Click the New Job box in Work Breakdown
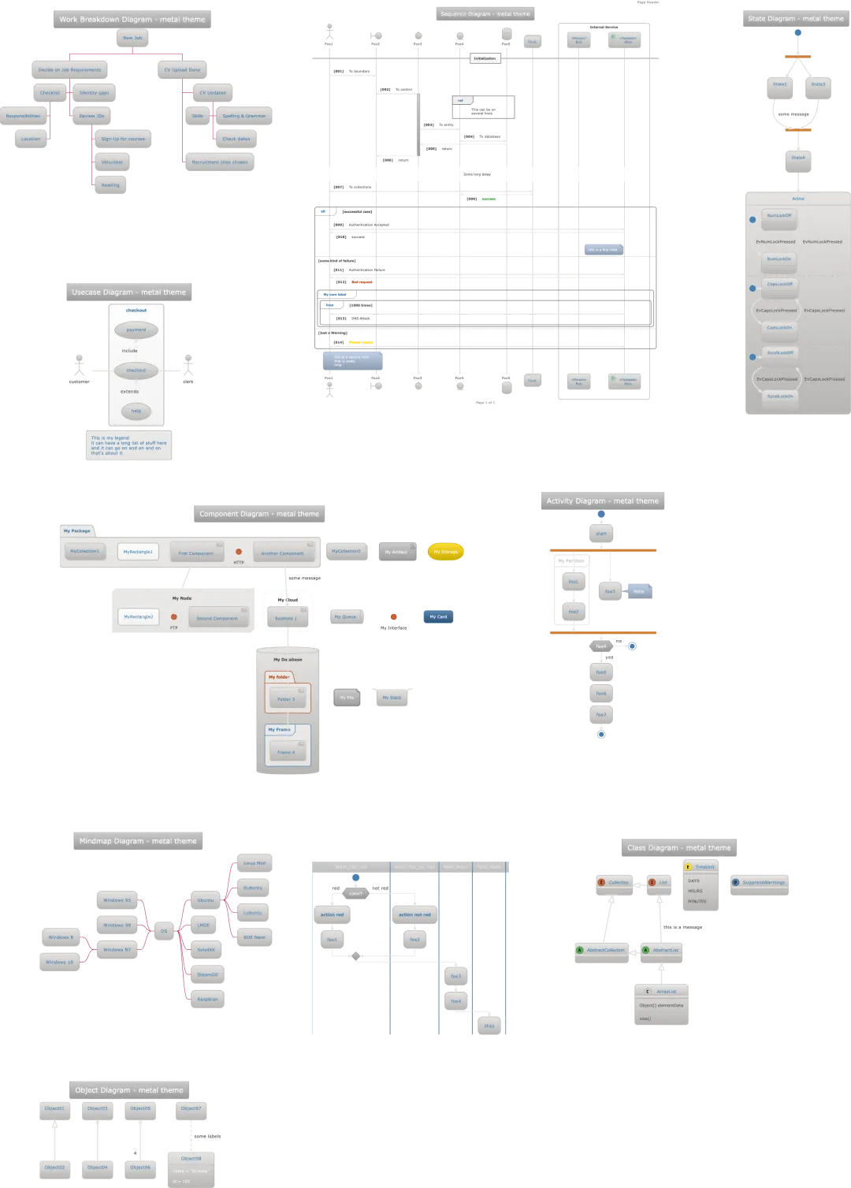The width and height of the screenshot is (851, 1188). [x=132, y=38]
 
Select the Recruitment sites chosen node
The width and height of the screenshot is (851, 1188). [x=220, y=162]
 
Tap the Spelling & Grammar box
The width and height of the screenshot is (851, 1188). [x=243, y=116]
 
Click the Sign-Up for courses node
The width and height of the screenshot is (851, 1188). [x=123, y=139]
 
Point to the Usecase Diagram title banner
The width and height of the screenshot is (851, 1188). [x=129, y=292]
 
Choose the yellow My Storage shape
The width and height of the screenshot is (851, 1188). [x=445, y=552]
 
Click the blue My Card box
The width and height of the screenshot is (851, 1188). [x=438, y=616]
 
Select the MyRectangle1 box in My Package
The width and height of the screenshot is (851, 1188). [x=138, y=552]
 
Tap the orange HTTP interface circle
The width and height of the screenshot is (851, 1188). [x=239, y=552]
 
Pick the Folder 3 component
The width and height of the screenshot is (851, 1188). [x=286, y=699]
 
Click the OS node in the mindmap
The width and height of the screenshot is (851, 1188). [x=164, y=931]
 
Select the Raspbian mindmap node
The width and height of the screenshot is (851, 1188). [x=207, y=999]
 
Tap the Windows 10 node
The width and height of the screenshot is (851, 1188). [x=60, y=962]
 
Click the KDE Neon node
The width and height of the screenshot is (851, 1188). [x=254, y=937]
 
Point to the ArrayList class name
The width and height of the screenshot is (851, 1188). [x=666, y=992]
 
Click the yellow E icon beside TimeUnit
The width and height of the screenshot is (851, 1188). [x=688, y=867]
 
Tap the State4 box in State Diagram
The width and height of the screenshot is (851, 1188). [x=798, y=158]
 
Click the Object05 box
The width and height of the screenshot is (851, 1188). [x=140, y=1108]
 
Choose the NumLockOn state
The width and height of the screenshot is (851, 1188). [x=779, y=259]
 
